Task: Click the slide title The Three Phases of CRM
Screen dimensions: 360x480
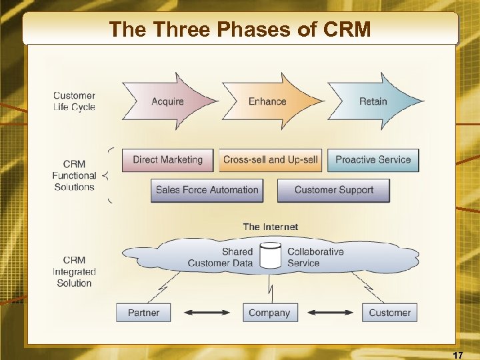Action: point(240,29)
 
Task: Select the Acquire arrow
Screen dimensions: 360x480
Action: point(168,101)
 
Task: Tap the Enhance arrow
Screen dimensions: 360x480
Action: point(268,101)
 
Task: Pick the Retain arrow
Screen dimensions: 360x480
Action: point(373,101)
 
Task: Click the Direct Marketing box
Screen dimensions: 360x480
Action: point(167,160)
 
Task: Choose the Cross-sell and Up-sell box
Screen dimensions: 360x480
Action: point(271,160)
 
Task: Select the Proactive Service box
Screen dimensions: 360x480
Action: point(373,160)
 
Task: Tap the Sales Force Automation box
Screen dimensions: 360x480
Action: point(207,190)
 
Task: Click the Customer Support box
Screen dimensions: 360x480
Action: point(333,190)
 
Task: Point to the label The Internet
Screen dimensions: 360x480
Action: point(271,227)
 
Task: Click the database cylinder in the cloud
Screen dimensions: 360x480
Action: point(271,257)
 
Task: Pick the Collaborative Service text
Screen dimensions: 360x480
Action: point(315,257)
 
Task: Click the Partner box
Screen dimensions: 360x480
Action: point(143,313)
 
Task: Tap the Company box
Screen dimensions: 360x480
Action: point(269,313)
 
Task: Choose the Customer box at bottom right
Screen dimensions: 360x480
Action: point(390,313)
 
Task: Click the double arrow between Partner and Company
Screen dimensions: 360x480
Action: point(206,313)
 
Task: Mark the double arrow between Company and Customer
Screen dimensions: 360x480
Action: point(329,313)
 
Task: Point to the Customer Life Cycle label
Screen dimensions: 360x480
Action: point(74,101)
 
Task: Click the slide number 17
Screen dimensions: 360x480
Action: point(457,354)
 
